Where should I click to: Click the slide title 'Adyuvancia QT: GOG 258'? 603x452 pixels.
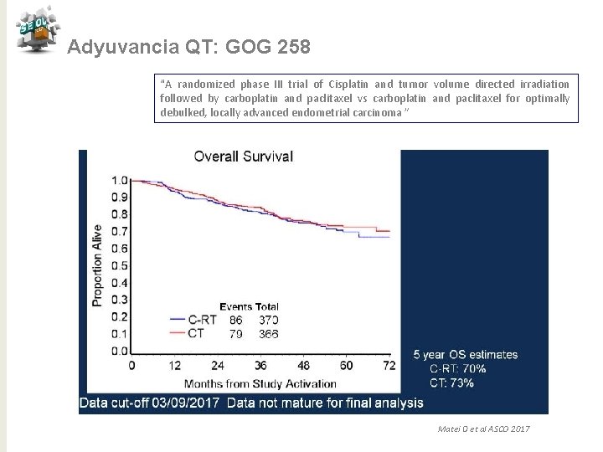188,48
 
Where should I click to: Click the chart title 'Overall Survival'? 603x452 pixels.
244,156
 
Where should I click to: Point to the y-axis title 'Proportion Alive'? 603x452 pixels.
98,264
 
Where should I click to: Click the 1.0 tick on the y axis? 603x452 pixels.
121,180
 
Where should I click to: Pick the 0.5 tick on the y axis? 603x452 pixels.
121,265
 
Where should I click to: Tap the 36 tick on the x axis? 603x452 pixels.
260,366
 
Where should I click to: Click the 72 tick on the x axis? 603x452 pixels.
389,366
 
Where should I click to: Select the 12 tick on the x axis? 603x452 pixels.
174,366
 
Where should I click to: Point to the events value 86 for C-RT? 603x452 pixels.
235,320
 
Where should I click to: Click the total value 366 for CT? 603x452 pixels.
269,333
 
